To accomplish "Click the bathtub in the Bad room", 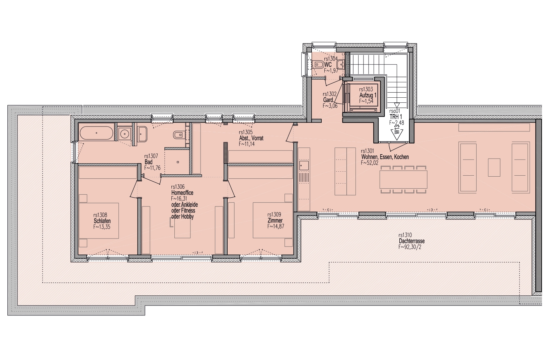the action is [x=96, y=133].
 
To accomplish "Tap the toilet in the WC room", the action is [x=319, y=65].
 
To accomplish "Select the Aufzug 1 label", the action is [x=368, y=95].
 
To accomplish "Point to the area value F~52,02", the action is [x=370, y=163].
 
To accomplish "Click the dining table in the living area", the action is [x=403, y=179].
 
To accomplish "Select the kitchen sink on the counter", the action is [x=304, y=165].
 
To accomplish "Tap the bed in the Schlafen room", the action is [x=99, y=220].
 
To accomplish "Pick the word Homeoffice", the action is [x=182, y=193].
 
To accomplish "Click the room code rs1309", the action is [x=274, y=214].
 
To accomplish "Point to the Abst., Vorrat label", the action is [x=251, y=138].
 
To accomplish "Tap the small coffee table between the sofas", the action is [x=494, y=167].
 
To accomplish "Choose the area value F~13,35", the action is [x=102, y=227].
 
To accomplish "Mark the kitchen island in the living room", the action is [x=345, y=171].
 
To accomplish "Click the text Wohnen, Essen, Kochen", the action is [x=385, y=157].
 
